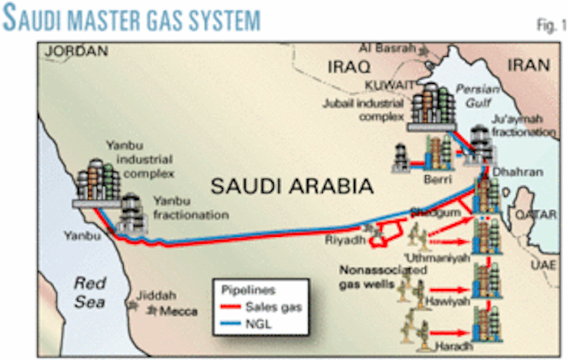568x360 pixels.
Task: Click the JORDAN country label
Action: (76, 51)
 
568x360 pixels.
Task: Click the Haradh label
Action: (443, 349)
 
